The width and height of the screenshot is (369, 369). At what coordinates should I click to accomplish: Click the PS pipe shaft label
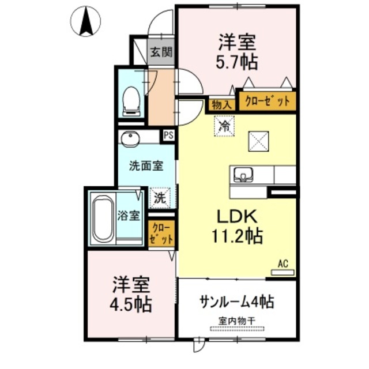pyautogui.click(x=169, y=135)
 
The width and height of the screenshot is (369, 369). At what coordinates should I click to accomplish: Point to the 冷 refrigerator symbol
pyautogui.click(x=223, y=125)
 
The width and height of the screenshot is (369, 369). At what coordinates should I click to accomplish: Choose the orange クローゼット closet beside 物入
pyautogui.click(x=268, y=101)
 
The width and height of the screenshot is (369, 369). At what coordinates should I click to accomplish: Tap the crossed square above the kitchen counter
pyautogui.click(x=257, y=141)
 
